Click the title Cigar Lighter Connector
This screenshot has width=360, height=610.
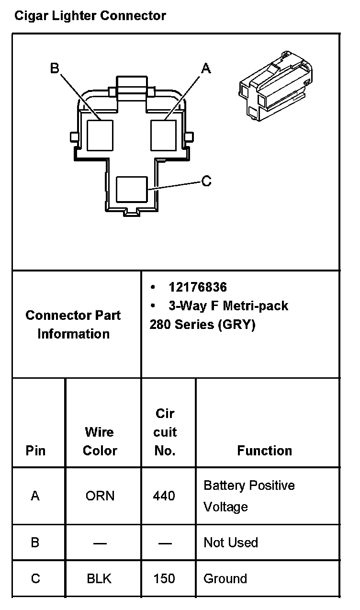tap(90, 16)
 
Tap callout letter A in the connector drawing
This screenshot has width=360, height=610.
tap(206, 69)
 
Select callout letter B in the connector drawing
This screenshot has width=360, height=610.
tap(55, 68)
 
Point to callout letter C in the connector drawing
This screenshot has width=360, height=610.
tap(206, 181)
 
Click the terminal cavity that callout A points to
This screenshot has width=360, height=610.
tap(164, 135)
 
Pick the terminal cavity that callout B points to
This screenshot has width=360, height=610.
tap(100, 135)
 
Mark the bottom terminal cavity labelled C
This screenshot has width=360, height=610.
tap(132, 189)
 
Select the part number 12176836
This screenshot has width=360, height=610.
tap(198, 287)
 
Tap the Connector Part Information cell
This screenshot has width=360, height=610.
tap(73, 325)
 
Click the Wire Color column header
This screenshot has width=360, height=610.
tap(100, 441)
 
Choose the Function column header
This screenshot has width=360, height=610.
tap(264, 451)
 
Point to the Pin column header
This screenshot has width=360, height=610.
tap(36, 451)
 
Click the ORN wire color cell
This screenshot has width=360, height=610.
tap(100, 496)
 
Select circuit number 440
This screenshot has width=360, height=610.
tap(164, 496)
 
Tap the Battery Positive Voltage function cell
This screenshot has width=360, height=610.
tap(249, 496)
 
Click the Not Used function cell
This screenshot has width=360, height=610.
tap(231, 542)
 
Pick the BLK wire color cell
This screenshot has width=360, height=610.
tap(99, 578)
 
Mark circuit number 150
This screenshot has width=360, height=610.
tap(164, 578)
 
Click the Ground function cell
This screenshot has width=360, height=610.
tap(225, 578)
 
